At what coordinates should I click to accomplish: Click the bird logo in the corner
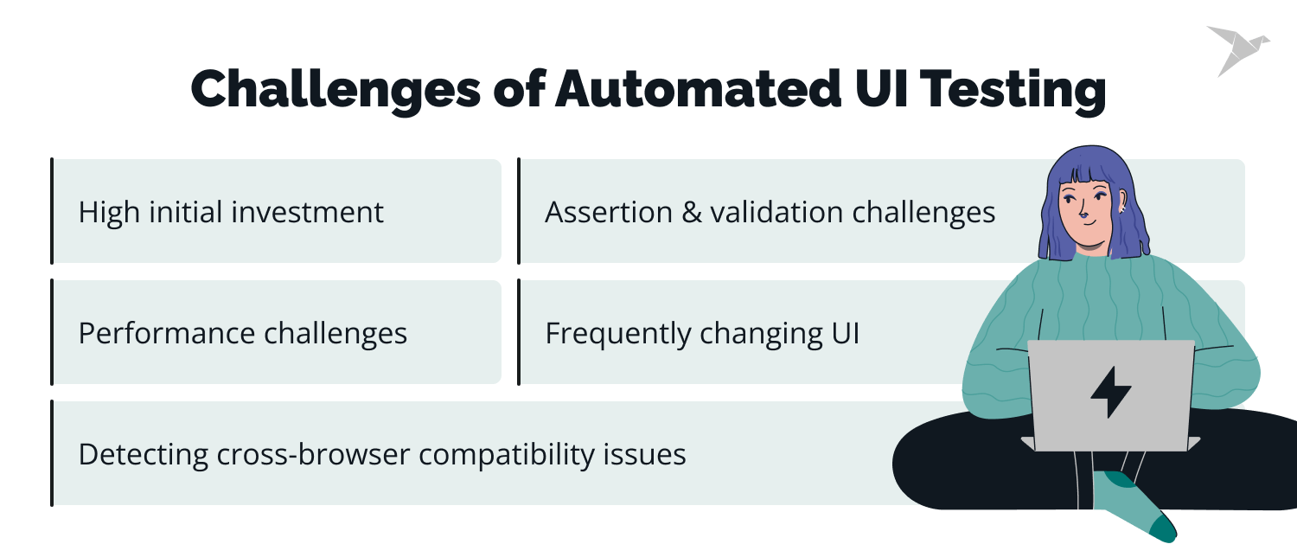point(1237,49)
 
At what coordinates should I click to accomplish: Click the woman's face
point(1087,212)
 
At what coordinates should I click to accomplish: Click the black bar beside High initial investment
point(53,210)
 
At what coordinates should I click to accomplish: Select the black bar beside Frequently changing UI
point(519,331)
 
